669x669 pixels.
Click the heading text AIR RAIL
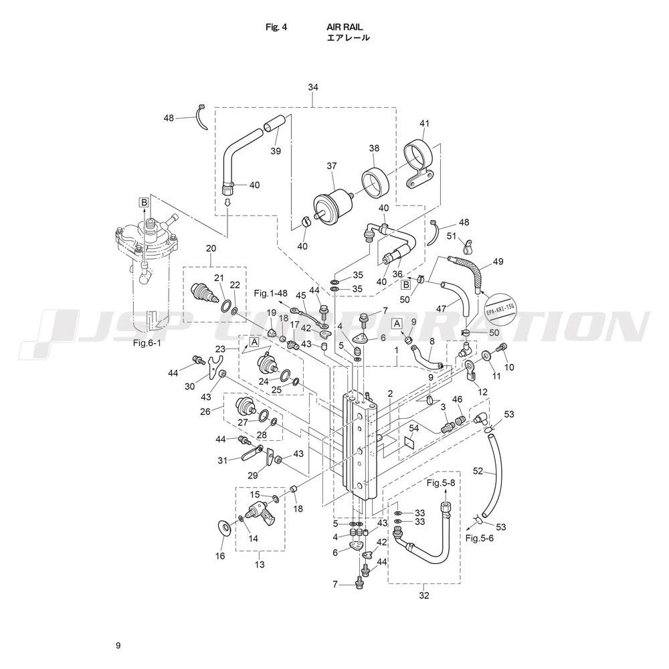[345, 27]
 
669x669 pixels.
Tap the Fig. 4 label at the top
[276, 27]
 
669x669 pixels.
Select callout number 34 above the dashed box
[313, 87]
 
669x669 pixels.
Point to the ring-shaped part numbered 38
[376, 183]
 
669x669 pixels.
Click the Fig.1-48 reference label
[270, 294]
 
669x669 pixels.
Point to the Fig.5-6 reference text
[479, 538]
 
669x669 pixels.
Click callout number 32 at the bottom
[423, 595]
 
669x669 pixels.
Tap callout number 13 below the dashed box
[260, 565]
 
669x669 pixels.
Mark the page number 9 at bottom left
[118, 646]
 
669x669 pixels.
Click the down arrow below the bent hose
[227, 202]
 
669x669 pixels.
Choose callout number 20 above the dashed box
[211, 248]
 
